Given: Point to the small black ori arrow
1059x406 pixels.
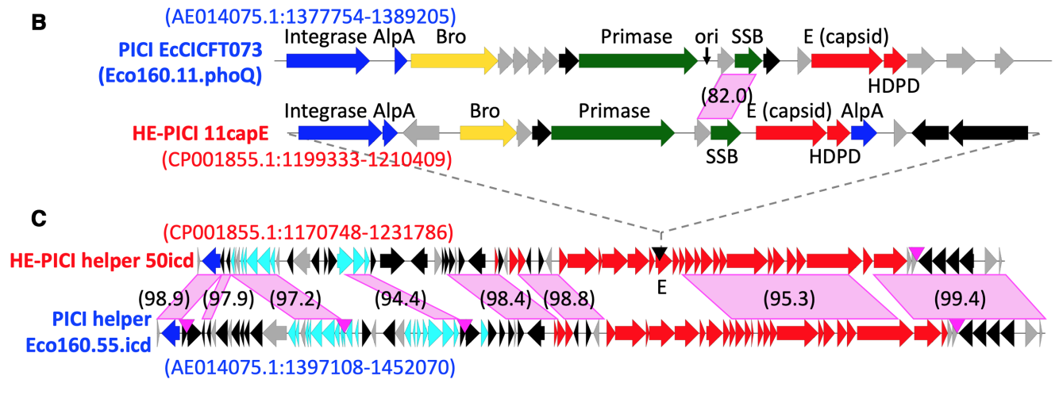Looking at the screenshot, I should (707, 55).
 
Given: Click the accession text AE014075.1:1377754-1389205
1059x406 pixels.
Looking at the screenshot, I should (310, 14).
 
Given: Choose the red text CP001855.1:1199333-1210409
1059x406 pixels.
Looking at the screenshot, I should (306, 160).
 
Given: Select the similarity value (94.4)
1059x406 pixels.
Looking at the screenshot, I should (400, 299).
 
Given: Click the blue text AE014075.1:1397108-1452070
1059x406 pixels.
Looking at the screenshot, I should (310, 367).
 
